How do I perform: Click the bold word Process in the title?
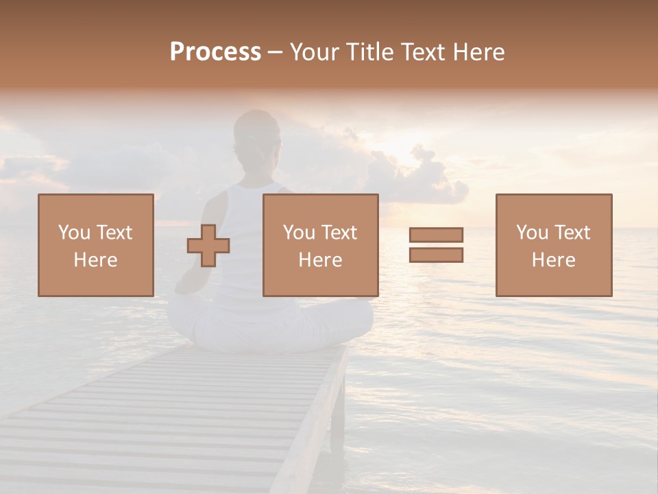[215, 52]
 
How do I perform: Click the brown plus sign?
[208, 246]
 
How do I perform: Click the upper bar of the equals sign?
[436, 235]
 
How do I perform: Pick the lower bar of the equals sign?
[436, 255]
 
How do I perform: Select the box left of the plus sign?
[95, 245]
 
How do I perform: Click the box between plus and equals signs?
[320, 245]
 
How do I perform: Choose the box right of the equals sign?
[553, 245]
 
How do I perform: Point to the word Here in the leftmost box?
[95, 260]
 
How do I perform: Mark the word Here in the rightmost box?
[553, 260]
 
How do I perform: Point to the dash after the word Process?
[275, 53]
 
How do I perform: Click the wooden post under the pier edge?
[337, 412]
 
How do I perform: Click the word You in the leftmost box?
[74, 233]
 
